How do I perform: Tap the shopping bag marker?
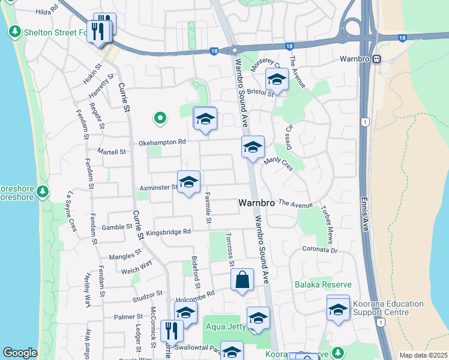(x=242, y=280)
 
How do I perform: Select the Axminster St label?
(x=158, y=187)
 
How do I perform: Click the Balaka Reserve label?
(x=322, y=284)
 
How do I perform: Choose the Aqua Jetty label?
(x=224, y=326)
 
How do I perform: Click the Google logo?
(x=20, y=353)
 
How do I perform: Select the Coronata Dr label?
(x=320, y=248)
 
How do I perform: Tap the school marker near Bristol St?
(x=277, y=79)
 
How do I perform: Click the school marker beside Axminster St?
(x=188, y=182)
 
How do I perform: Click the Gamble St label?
(x=116, y=227)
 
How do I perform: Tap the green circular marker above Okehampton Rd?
(x=160, y=118)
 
